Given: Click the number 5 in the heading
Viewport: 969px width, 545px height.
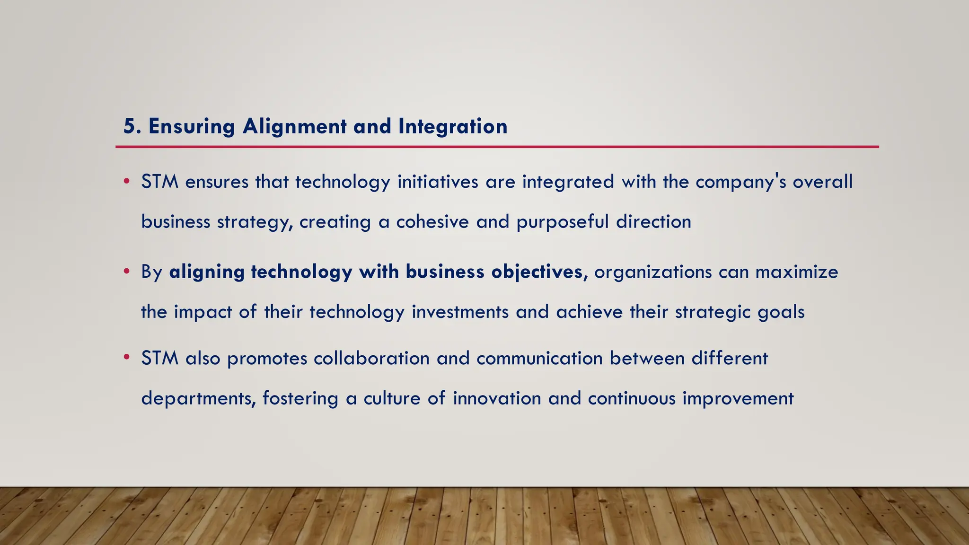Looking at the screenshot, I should point(129,126).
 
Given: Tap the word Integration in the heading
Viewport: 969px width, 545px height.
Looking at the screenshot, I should point(453,126).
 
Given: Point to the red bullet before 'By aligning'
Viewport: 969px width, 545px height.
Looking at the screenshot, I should point(126,272).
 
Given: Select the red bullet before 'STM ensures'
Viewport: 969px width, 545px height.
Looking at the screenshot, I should point(126,182).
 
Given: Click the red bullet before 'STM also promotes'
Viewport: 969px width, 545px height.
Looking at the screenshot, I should point(126,358).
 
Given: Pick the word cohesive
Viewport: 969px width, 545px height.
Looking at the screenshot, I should point(432,221).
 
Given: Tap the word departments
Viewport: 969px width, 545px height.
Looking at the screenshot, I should point(198,399).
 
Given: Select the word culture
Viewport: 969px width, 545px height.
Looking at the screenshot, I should point(392,398).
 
